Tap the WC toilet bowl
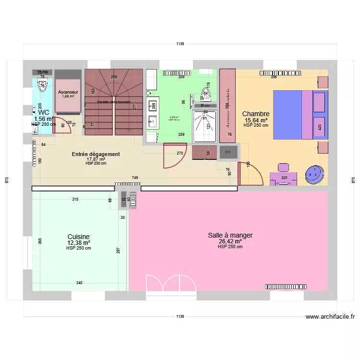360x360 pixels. [x=41, y=85]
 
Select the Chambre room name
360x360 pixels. [x=256, y=114]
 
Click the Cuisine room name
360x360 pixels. [x=78, y=236]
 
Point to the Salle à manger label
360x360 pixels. [x=230, y=235]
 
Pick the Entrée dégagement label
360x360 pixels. [x=96, y=154]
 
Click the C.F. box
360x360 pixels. [x=228, y=152]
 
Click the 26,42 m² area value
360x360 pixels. [x=230, y=241]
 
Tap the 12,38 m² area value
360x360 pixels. [x=78, y=242]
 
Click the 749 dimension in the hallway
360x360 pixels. [x=135, y=178]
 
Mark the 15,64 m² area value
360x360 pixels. [x=256, y=120]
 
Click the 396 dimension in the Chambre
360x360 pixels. [x=274, y=77]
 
